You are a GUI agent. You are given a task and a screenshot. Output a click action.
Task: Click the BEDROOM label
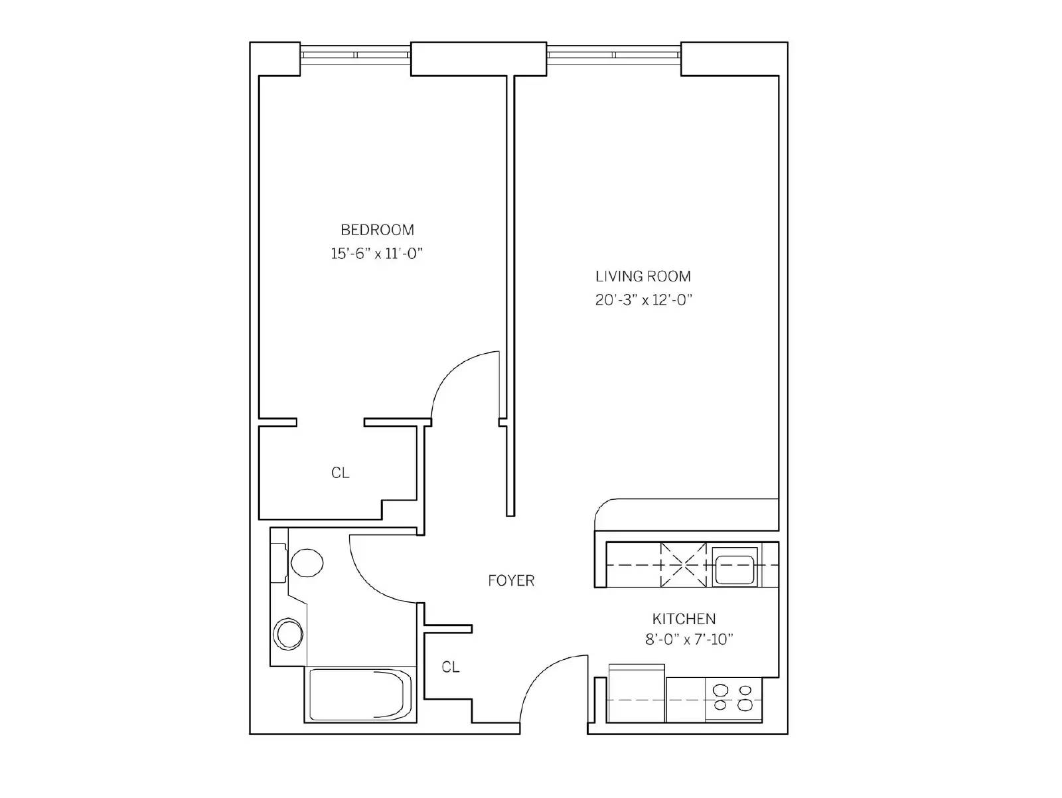tap(378, 230)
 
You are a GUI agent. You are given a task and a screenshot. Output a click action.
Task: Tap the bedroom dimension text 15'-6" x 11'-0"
tap(377, 253)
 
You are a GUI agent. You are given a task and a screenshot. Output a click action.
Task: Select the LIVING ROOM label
tap(643, 276)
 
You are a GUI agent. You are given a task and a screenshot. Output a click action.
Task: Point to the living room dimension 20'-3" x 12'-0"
tap(643, 300)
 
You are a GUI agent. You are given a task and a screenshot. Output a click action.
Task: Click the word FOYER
tap(511, 581)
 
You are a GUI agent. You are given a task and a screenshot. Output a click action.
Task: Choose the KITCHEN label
tap(684, 619)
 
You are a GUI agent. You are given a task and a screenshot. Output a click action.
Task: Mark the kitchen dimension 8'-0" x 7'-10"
tap(689, 640)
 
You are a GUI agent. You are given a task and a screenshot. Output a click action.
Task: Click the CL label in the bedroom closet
tap(340, 473)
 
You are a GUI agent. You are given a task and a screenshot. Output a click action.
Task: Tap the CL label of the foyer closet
tap(451, 667)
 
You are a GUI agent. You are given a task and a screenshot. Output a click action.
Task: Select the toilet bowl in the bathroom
tap(307, 563)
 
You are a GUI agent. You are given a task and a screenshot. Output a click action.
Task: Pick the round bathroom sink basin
tap(289, 634)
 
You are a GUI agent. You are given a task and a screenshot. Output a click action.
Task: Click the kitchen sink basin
tap(735, 570)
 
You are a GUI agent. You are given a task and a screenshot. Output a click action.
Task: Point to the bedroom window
tap(356, 55)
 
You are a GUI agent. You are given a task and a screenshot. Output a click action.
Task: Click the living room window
tap(614, 55)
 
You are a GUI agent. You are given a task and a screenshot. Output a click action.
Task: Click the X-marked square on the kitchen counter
tap(684, 565)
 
